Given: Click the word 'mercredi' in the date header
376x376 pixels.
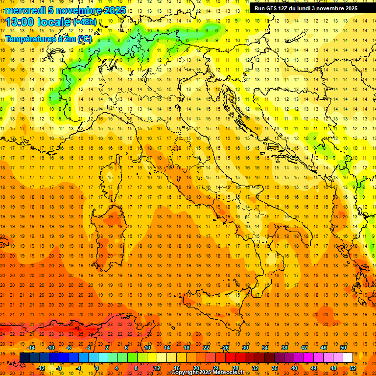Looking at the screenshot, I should tap(25, 10).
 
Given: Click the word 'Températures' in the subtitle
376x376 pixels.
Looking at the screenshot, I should tap(27, 39).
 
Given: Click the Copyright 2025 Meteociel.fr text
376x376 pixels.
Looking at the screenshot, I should tap(208, 372).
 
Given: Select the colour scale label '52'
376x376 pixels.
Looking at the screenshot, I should tap(352, 368).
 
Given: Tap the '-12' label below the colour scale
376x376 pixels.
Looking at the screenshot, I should tap(41, 368).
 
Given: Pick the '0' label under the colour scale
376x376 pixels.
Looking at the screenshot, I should tap(97, 368).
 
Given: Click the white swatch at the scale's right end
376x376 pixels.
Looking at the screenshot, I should tap(348, 358).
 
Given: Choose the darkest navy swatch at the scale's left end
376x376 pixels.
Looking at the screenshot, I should tap(24, 358).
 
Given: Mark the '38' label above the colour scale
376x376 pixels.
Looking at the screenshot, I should tap(284, 347).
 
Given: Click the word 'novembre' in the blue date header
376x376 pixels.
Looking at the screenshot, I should tap(78, 10).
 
